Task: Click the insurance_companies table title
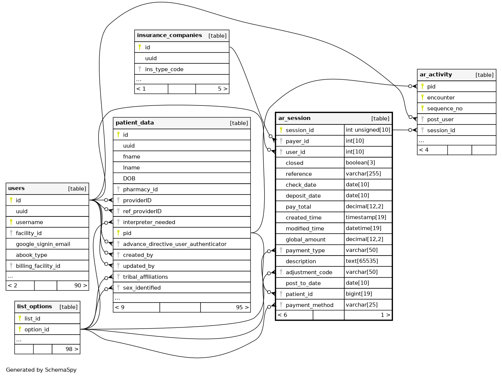(169, 35)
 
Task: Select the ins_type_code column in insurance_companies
(164, 69)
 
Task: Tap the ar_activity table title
(436, 75)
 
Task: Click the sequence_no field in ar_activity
(445, 108)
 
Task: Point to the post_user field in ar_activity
(440, 120)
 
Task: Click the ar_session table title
(294, 118)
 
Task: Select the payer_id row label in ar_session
(297, 141)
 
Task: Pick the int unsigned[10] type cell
(368, 130)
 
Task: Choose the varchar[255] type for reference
(363, 174)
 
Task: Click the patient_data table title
(135, 123)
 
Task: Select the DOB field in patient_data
(129, 178)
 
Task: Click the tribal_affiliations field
(146, 277)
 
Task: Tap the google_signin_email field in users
(43, 244)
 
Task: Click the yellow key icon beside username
(11, 222)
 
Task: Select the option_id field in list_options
(37, 329)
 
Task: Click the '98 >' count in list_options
(72, 349)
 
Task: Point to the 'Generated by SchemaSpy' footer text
(41, 370)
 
